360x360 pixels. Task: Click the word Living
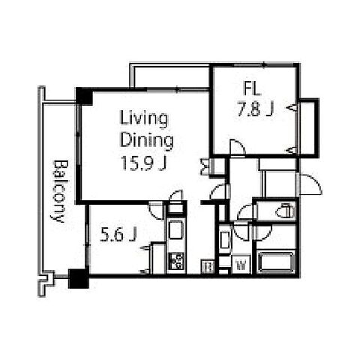(144, 118)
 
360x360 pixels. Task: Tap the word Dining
(147, 140)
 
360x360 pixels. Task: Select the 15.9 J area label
(144, 163)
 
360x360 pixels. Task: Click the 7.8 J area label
(255, 109)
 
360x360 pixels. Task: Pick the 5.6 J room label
(118, 235)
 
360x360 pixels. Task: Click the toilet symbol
(285, 211)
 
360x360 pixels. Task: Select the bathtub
(276, 262)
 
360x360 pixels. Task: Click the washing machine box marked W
(241, 264)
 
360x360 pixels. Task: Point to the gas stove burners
(176, 262)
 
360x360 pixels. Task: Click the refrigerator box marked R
(208, 266)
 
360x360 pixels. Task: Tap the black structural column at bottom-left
(79, 278)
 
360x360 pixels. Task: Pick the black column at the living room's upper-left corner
(84, 96)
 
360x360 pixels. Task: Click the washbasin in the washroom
(225, 240)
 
